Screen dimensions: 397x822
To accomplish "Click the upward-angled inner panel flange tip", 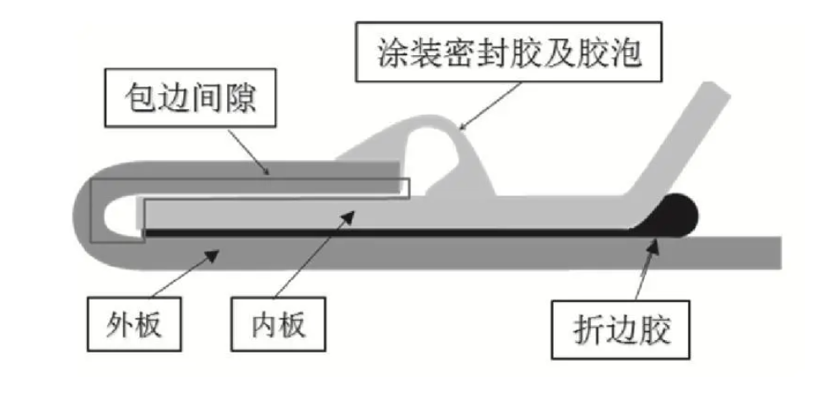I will pyautogui.click(x=715, y=95).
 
